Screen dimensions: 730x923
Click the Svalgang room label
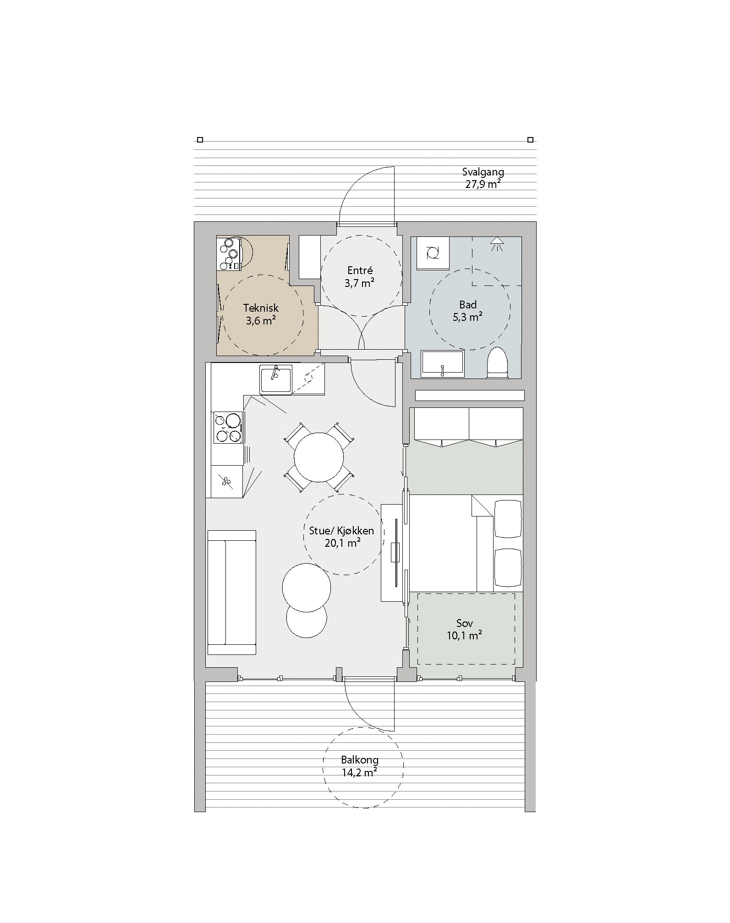(x=483, y=178)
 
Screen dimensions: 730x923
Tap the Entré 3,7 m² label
(x=360, y=276)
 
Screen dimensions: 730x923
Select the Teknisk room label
(x=261, y=314)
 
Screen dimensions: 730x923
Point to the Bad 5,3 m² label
(x=468, y=310)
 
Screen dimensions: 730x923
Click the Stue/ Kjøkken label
(x=341, y=531)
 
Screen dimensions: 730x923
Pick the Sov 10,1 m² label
(x=465, y=629)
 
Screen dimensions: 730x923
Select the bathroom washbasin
(x=443, y=364)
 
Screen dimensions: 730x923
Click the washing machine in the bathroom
(x=433, y=253)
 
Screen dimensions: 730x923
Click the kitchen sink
(x=276, y=379)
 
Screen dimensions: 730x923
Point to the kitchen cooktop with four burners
(x=228, y=428)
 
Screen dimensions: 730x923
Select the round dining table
(x=319, y=457)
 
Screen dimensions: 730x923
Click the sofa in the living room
(x=231, y=593)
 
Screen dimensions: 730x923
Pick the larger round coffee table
(x=307, y=587)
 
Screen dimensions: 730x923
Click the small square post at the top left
(x=200, y=140)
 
